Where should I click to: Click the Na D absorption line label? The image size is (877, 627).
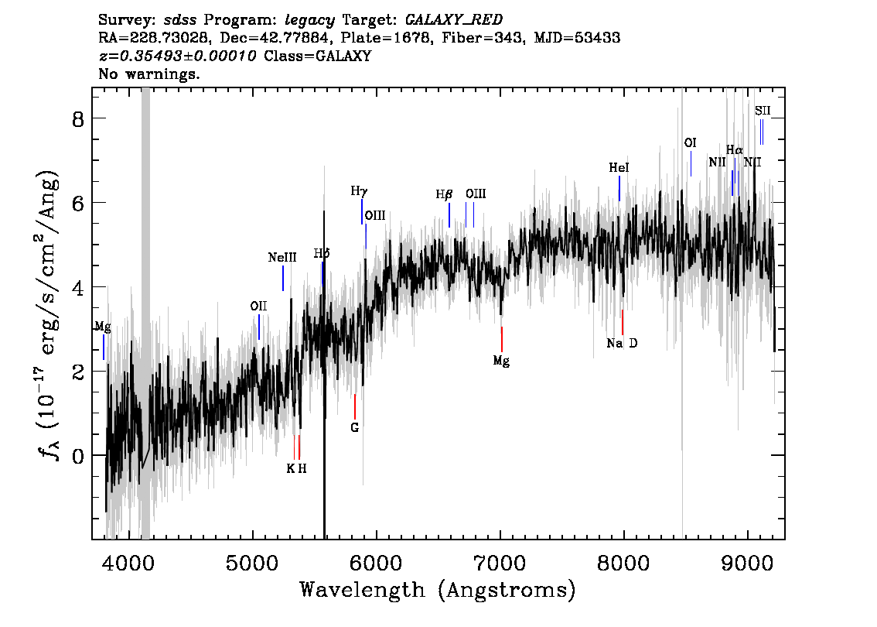point(622,344)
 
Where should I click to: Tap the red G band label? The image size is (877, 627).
point(354,427)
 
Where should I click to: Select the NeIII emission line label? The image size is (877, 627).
point(282,258)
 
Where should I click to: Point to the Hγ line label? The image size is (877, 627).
point(359,190)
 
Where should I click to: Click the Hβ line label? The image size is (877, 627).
point(444,195)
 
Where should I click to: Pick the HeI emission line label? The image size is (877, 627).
point(619,168)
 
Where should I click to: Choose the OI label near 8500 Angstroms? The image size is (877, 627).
point(691,143)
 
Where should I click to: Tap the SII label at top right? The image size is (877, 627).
point(763,111)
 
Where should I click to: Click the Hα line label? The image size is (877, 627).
point(734,150)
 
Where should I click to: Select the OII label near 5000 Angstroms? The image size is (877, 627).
point(258,307)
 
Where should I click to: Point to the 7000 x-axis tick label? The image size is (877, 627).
point(500,560)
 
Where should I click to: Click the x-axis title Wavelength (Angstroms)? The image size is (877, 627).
point(438,591)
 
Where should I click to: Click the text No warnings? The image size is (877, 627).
point(149,75)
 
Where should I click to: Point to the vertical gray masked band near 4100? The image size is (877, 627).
point(145,310)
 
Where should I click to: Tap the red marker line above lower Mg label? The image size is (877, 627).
point(502,339)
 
